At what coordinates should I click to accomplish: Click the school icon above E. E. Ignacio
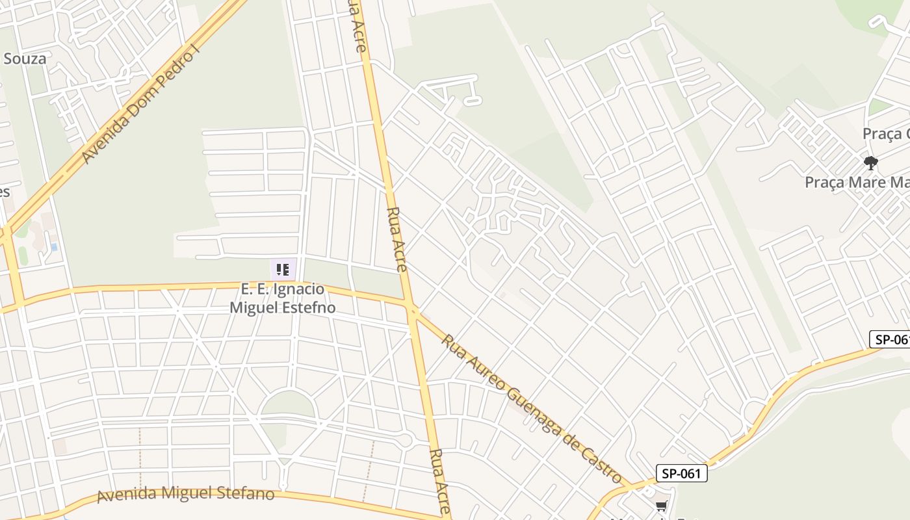tap(283, 269)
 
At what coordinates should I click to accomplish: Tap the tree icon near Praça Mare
tap(870, 162)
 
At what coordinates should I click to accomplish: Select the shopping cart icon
tap(661, 506)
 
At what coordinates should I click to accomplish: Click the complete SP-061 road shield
tap(681, 473)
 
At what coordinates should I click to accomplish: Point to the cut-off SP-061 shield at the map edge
tap(890, 339)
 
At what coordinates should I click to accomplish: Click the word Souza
tap(25, 58)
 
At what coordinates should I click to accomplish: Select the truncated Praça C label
tap(885, 133)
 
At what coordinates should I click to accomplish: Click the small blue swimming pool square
tap(53, 247)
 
